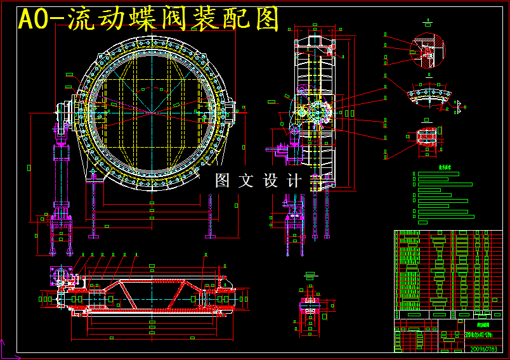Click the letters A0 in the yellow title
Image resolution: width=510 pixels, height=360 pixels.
coord(32,20)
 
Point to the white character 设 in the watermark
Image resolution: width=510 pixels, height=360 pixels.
coord(270,181)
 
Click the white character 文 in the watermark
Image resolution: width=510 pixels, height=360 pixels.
coord(246,181)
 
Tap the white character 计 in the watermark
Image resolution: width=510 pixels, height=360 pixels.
coord(294,181)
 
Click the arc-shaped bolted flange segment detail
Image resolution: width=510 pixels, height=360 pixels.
coord(430,96)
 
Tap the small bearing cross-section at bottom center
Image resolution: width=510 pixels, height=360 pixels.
coord(311,305)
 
